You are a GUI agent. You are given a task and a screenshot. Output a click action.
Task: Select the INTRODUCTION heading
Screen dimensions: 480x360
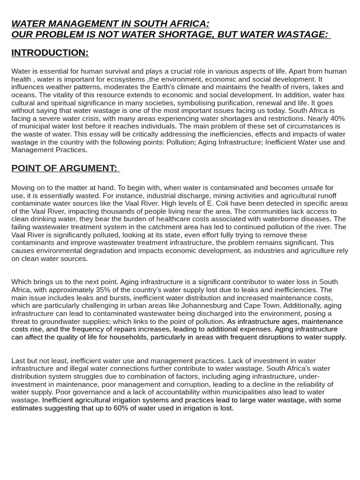point(50,53)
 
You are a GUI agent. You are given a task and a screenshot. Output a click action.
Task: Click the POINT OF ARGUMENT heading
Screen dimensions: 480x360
point(64,168)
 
